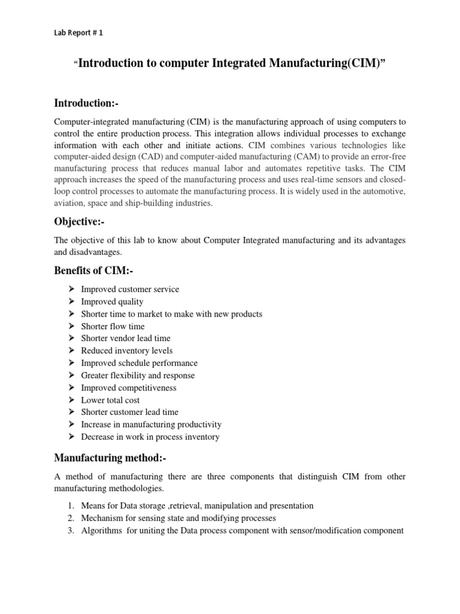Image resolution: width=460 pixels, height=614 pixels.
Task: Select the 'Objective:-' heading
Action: (83, 222)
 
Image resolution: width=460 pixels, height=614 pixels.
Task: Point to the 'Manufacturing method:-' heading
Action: (110, 458)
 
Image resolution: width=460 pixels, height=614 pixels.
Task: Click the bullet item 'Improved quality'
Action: (112, 302)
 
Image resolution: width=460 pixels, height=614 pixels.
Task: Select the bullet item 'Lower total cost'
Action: (111, 400)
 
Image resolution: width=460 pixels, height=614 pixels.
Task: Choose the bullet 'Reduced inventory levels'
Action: (126, 351)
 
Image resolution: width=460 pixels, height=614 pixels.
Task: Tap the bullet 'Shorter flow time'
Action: (113, 326)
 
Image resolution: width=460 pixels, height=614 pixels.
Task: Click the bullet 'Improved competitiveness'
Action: (129, 388)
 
